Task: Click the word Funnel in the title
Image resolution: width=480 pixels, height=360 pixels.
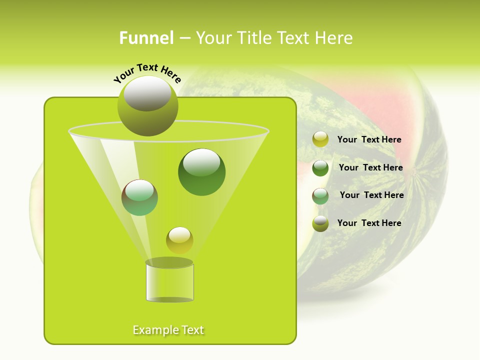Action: click(146, 38)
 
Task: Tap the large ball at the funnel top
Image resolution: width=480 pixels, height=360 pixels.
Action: click(147, 106)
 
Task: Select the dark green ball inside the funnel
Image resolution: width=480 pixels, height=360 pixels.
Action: click(201, 172)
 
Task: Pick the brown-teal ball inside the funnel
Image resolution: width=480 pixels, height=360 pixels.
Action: click(139, 197)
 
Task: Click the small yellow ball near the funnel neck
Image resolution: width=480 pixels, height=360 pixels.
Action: click(179, 240)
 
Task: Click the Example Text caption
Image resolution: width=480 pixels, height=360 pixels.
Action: click(168, 330)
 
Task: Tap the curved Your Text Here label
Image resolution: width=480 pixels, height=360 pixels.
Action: click(147, 72)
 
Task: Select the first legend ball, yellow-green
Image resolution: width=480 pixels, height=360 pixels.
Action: click(320, 139)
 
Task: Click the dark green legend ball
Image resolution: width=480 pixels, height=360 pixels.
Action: click(320, 168)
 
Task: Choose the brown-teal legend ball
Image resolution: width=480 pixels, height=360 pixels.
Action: click(320, 196)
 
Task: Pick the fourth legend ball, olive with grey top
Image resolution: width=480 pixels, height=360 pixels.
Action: click(320, 223)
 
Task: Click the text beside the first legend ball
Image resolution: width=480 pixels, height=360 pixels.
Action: click(369, 140)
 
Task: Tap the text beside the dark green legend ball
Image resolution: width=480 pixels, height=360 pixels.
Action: click(370, 168)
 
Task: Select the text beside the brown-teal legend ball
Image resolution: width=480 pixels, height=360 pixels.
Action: click(371, 195)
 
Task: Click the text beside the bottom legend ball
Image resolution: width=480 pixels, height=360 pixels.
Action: click(369, 223)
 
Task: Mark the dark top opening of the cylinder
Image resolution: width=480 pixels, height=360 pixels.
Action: click(169, 262)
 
